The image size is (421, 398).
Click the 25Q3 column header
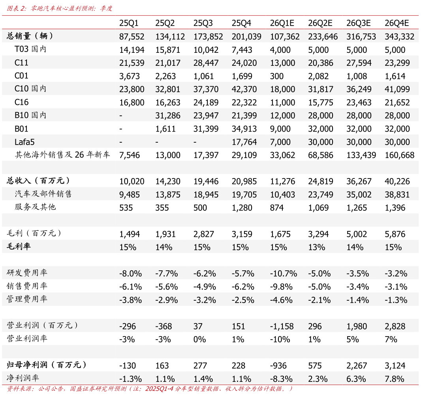point(203,23)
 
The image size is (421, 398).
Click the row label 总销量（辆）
point(30,36)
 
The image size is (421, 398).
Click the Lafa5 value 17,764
point(244,142)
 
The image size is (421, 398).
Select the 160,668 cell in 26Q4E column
point(400,155)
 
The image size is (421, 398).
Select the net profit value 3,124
point(395,366)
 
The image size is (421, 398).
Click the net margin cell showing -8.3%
point(281,379)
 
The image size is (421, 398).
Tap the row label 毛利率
point(19,247)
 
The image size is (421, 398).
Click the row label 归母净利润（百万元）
point(47,365)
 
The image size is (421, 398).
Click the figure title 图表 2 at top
point(16,8)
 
